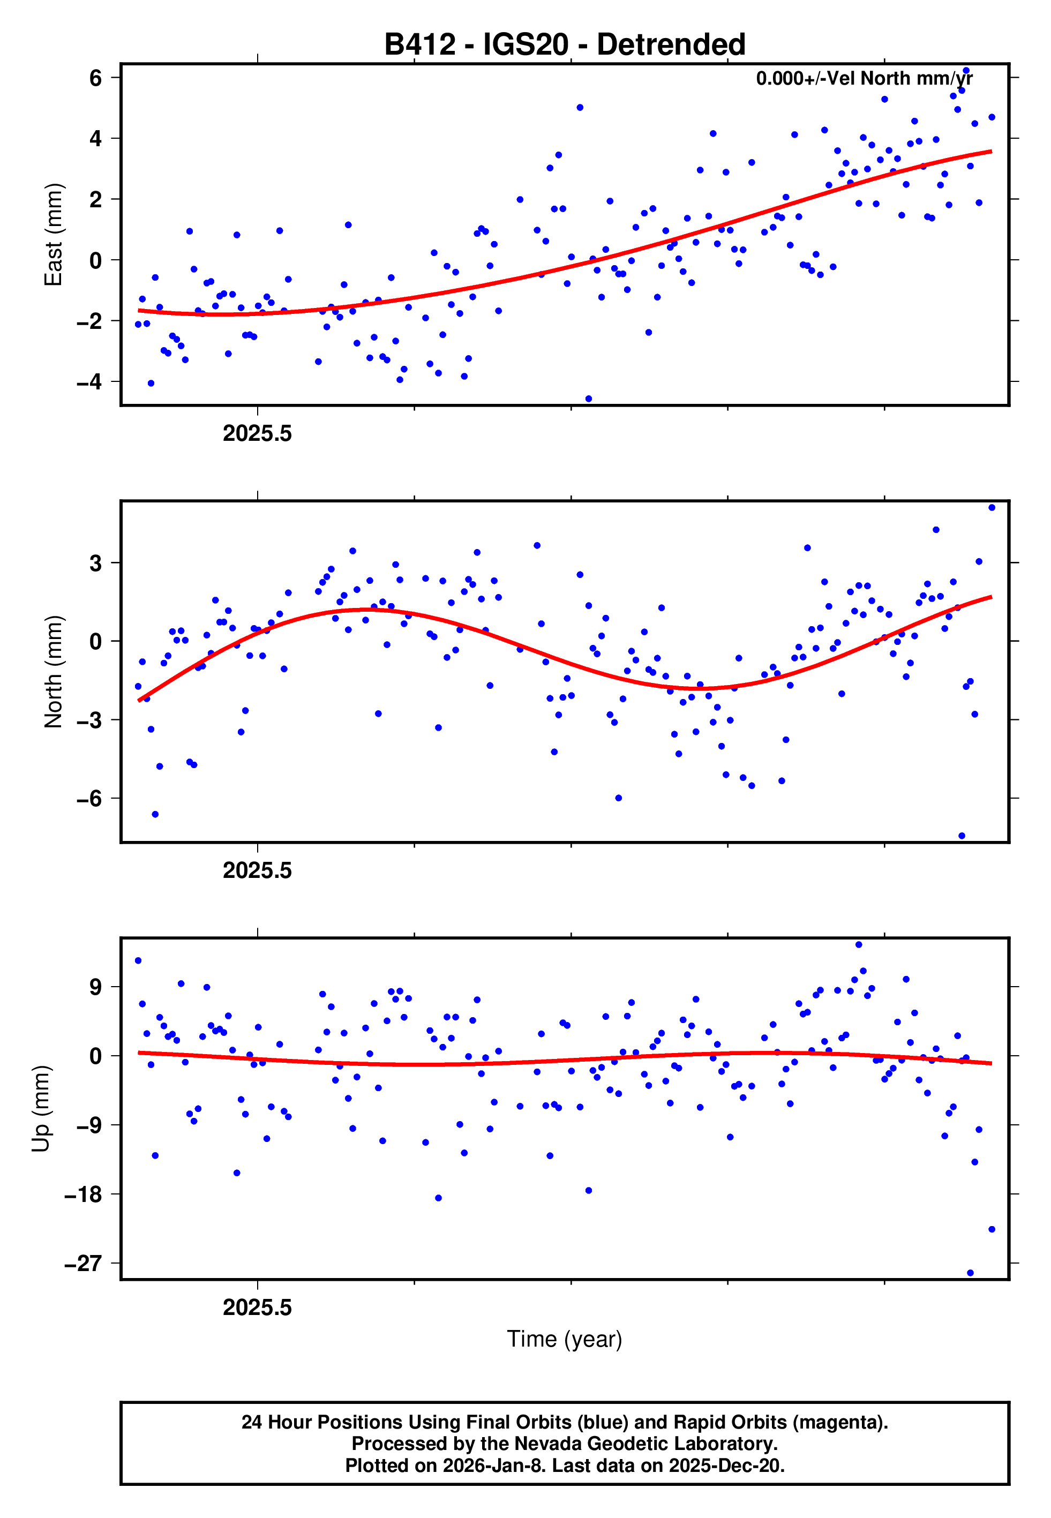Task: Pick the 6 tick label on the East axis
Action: point(95,78)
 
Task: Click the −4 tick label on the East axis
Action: point(89,382)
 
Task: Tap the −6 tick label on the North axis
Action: point(89,799)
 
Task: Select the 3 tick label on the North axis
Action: point(96,563)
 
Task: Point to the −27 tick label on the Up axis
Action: point(83,1263)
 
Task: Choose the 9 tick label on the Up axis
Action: point(96,987)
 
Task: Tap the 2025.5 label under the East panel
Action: point(257,433)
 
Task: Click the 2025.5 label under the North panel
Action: point(257,870)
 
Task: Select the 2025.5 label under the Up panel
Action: point(257,1307)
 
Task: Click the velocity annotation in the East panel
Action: point(864,78)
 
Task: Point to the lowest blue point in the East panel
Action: point(589,399)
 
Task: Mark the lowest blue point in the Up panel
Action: point(970,1273)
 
